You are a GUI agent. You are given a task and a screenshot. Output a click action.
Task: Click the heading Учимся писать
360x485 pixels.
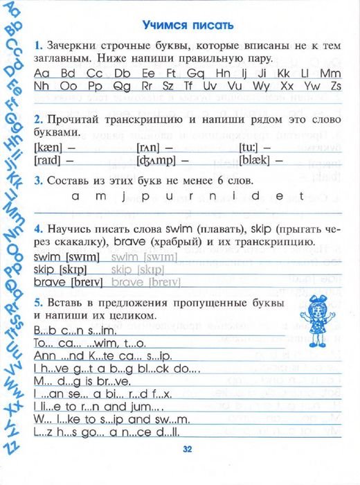[187, 26]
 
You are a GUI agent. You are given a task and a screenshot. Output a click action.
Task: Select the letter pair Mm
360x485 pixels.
[332, 73]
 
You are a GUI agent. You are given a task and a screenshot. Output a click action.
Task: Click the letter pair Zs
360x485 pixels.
[336, 86]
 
